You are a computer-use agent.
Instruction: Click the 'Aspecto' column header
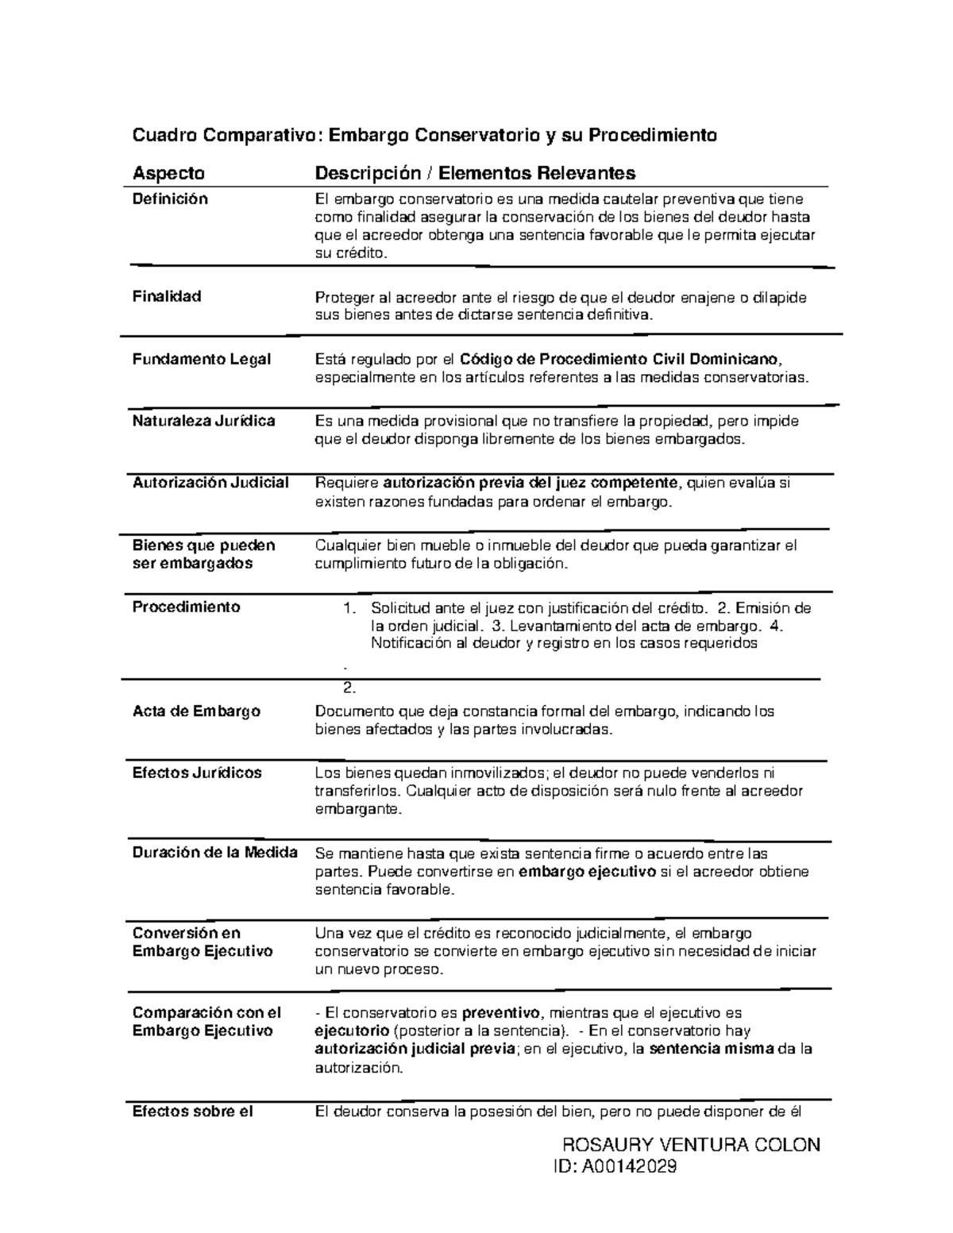point(168,173)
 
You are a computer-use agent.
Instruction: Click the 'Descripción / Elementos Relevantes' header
point(475,173)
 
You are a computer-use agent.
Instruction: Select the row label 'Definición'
point(170,199)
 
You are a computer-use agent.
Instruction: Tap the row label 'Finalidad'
point(167,297)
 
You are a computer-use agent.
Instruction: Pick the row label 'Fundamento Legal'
point(202,359)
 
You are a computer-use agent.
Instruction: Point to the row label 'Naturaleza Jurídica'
point(204,421)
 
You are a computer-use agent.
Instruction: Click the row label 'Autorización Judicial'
point(210,483)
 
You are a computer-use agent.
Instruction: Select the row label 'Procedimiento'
point(186,607)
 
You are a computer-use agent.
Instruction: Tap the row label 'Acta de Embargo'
point(196,711)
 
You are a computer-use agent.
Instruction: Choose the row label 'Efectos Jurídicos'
point(197,773)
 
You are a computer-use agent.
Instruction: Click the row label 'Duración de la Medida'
point(215,853)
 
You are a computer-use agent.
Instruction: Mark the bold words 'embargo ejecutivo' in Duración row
point(587,872)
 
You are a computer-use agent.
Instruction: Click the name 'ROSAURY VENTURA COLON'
point(690,1145)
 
